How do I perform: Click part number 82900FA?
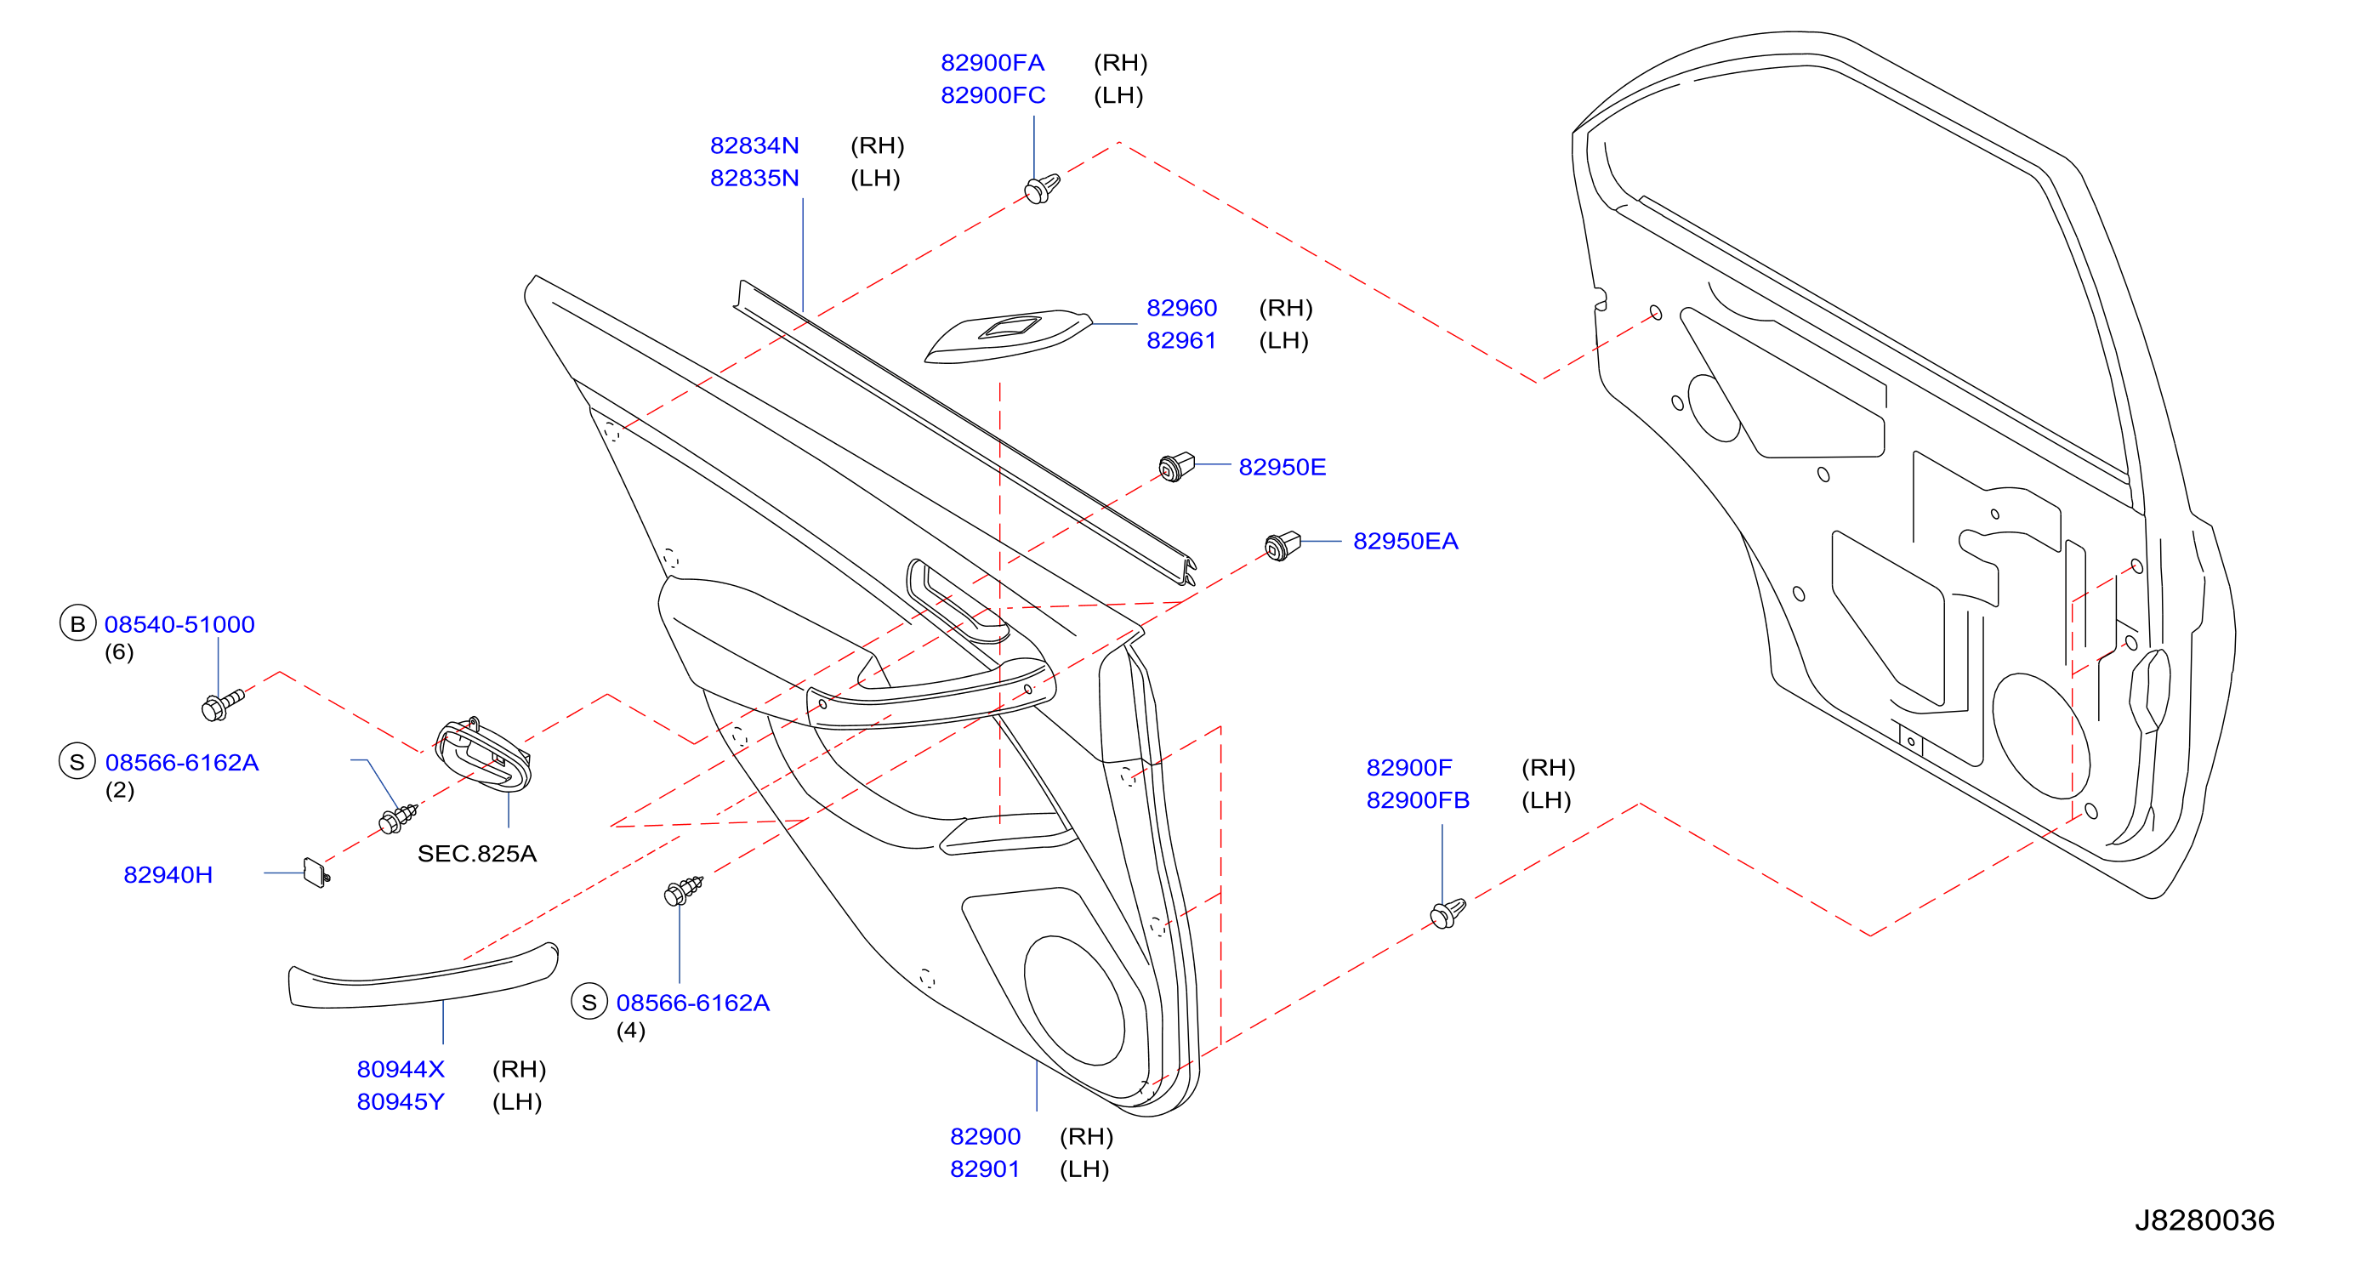[x=992, y=62]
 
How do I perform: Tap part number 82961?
[x=1181, y=340]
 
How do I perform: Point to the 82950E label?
[x=1283, y=467]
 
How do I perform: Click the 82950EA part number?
[x=1405, y=541]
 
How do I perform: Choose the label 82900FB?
[x=1417, y=800]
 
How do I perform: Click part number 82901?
[x=985, y=1168]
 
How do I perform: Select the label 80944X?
[x=401, y=1069]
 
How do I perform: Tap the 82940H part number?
[x=168, y=874]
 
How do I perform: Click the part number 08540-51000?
[x=179, y=624]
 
